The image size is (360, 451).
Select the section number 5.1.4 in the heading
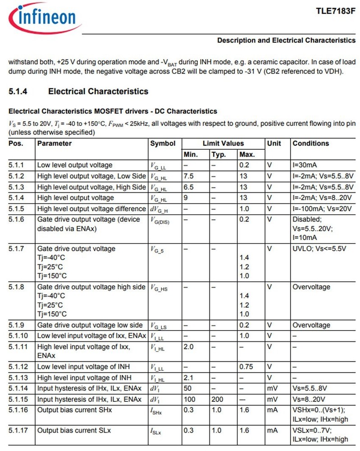[18, 92]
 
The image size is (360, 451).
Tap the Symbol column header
[163, 143]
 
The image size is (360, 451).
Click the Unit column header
[274, 143]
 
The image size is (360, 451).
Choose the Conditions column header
[311, 143]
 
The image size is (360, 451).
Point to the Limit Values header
[223, 143]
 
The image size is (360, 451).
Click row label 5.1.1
[16, 165]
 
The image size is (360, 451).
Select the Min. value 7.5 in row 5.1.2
[189, 176]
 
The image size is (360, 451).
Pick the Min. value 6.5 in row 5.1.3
[189, 187]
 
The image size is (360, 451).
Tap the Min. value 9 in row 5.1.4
[186, 198]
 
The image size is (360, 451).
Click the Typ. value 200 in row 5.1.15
[217, 400]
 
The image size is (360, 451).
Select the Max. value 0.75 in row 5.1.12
[247, 367]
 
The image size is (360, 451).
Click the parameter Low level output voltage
[75, 165]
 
